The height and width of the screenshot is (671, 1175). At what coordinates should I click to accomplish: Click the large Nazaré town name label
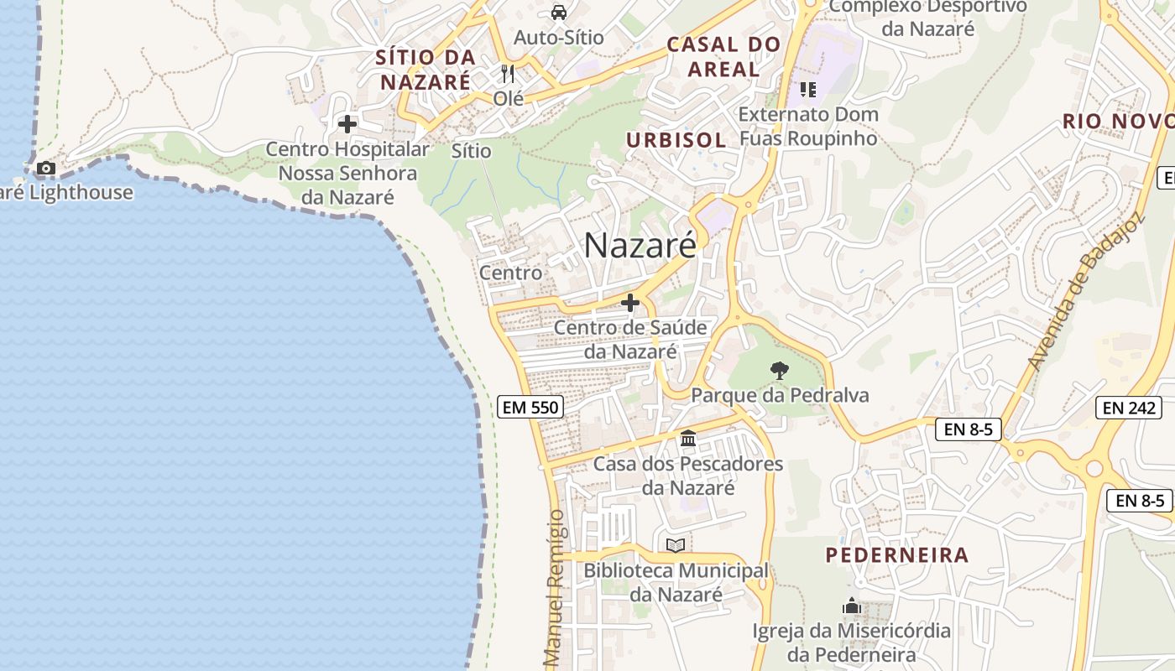(640, 245)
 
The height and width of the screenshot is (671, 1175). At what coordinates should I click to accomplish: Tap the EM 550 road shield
(530, 408)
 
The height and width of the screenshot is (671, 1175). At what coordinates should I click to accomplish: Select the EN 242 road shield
(1128, 408)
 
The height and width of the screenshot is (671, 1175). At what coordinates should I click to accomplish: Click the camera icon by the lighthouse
(46, 169)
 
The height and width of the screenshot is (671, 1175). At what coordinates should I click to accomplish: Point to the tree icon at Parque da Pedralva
(780, 370)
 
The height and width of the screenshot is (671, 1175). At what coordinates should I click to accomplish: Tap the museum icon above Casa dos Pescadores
(688, 438)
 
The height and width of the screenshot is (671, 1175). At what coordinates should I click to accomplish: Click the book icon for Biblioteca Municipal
(676, 545)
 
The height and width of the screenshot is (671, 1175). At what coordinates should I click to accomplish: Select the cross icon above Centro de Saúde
(630, 303)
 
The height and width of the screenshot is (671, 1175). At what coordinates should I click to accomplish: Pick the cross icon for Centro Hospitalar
(347, 125)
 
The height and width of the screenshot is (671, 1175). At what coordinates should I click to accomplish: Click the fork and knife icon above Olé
(507, 74)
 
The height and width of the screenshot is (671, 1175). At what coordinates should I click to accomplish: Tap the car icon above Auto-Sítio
(559, 13)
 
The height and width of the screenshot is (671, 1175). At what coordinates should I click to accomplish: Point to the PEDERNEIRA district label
(897, 554)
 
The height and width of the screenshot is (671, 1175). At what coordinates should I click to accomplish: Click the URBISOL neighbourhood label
(676, 140)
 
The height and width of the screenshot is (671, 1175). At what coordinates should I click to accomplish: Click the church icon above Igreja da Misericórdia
(851, 606)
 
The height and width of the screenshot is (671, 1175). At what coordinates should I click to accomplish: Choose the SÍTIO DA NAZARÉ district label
(426, 70)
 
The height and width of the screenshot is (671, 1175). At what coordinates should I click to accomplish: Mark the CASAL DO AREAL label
(723, 56)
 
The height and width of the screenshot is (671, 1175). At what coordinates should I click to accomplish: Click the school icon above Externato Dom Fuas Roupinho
(808, 89)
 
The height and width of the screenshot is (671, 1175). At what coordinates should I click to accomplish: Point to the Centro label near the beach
(510, 273)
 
